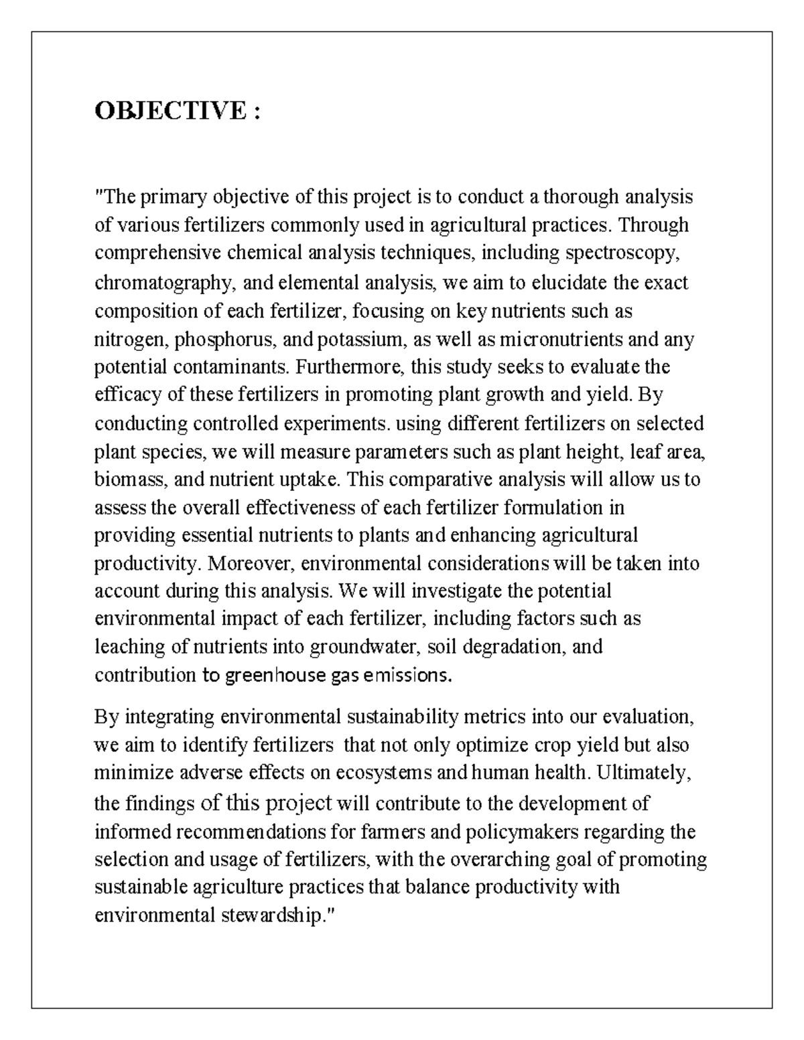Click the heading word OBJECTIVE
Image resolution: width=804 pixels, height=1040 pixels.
170,111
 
